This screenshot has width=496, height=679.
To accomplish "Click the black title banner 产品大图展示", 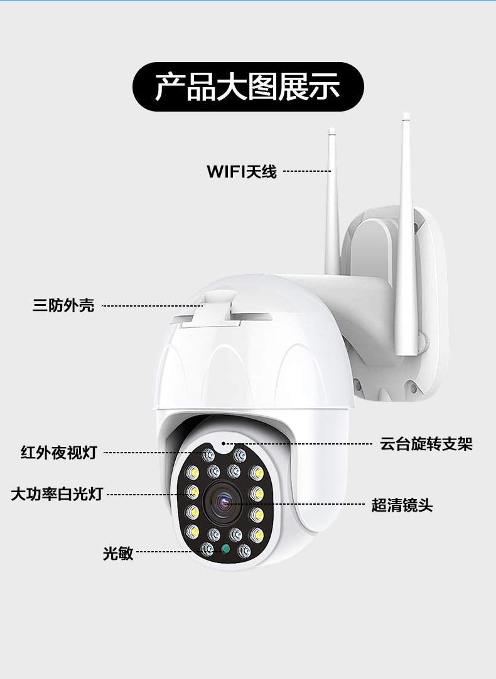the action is click(x=248, y=87).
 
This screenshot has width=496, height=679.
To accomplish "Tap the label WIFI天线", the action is click(x=242, y=172).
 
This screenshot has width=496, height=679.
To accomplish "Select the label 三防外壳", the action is click(x=63, y=305).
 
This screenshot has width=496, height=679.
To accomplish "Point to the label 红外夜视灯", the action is click(x=59, y=453).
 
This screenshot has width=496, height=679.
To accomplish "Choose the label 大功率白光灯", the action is click(x=57, y=493).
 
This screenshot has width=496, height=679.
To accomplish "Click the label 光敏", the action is click(x=118, y=552).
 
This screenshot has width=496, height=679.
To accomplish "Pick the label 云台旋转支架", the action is click(x=426, y=444).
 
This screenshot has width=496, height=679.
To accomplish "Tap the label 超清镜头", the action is click(x=402, y=505).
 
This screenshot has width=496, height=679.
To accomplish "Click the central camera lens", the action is click(x=224, y=503).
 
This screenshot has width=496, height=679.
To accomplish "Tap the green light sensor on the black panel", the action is click(x=225, y=549).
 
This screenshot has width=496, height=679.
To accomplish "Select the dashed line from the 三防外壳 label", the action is click(x=152, y=306).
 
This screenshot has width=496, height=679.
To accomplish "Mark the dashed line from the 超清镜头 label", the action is click(x=295, y=504).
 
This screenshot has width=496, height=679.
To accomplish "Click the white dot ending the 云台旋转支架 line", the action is click(x=224, y=443).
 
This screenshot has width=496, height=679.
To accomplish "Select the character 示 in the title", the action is click(x=325, y=87).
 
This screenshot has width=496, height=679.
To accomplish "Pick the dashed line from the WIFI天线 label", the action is click(x=307, y=171).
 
